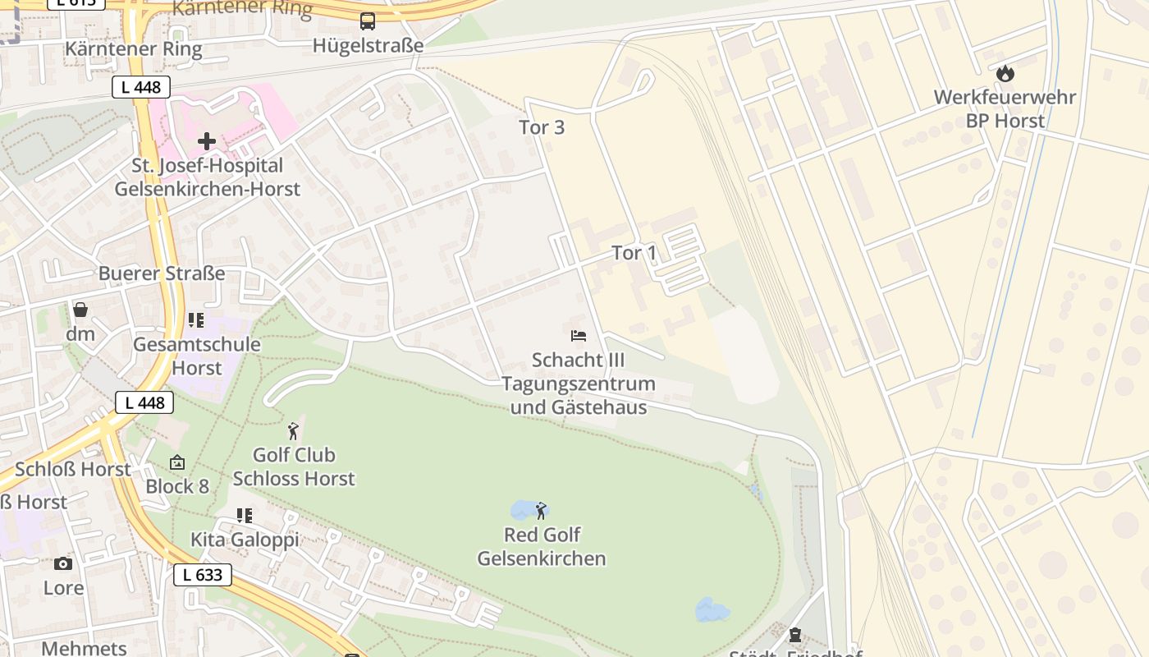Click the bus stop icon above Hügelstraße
point(368,21)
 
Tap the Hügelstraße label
point(368,45)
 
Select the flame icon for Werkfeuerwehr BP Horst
point(1005,74)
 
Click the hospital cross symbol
point(206,141)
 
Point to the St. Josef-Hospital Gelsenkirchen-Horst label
point(207,177)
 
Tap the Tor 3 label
point(542,127)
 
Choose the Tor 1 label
point(634,253)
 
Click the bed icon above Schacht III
point(579,336)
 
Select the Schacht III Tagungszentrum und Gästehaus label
point(578,384)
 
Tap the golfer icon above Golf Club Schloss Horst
point(293,431)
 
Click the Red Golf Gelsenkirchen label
point(542,547)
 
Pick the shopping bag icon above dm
point(80,310)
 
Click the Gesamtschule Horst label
point(197,356)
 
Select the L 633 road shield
point(203,575)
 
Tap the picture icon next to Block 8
point(177,463)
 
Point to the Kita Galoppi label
point(245,540)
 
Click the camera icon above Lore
point(63,563)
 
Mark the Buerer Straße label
point(162,273)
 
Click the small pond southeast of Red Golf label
point(712,610)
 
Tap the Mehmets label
point(84,648)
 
